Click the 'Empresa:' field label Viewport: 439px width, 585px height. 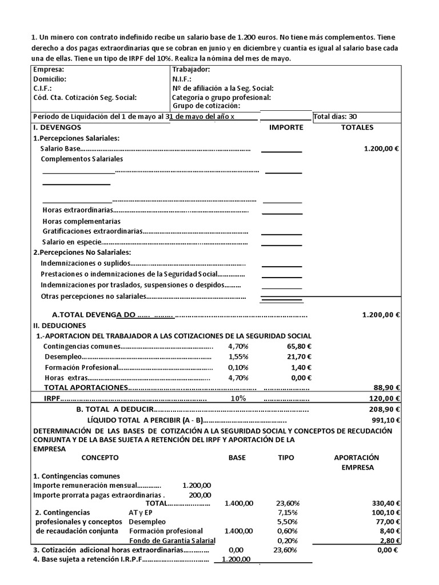(49, 70)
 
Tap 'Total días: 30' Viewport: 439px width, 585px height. (336, 117)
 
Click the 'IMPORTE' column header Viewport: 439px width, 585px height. (286, 127)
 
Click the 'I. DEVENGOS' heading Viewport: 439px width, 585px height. (57, 127)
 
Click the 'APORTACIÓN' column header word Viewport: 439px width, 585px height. (357, 458)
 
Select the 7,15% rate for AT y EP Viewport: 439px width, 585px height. (286, 513)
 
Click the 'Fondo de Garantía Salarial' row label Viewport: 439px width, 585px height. (172, 540)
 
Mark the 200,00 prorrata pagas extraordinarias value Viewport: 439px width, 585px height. (199, 495)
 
